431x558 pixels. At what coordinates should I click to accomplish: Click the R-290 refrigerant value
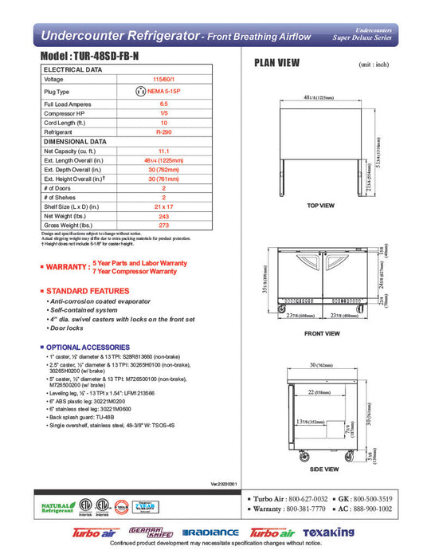point(163,132)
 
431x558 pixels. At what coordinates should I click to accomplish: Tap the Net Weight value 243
point(163,215)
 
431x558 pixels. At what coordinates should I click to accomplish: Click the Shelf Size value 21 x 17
point(163,206)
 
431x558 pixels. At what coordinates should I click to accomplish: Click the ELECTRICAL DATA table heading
point(72,70)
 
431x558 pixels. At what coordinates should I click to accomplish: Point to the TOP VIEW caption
point(321,206)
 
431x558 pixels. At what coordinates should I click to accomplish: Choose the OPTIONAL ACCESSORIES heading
point(87,348)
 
